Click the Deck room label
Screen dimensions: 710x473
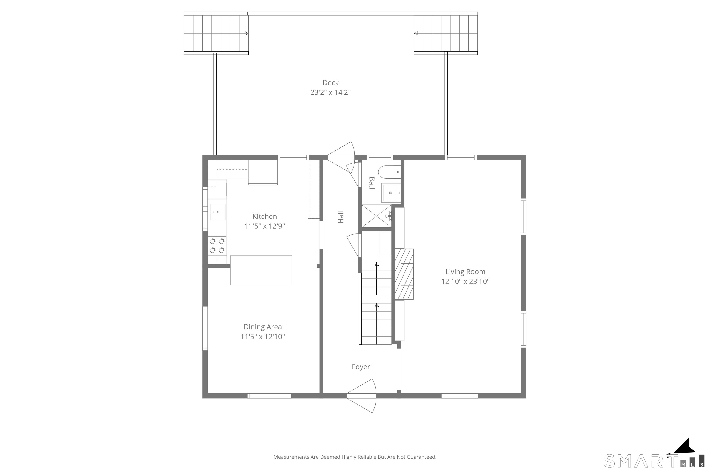331,83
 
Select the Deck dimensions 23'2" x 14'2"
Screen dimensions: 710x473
331,92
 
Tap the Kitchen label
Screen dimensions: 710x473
265,217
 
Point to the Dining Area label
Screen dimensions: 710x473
263,327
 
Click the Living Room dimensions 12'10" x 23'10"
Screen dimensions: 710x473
465,282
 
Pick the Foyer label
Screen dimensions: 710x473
361,367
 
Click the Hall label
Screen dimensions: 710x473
341,217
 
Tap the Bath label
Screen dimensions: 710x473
372,184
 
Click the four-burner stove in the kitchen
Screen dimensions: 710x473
217,246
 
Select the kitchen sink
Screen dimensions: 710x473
218,212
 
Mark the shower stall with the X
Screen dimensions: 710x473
376,216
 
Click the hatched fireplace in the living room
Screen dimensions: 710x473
404,274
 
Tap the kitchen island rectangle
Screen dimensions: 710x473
261,270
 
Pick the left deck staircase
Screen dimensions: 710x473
216,33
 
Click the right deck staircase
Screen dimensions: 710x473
446,33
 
